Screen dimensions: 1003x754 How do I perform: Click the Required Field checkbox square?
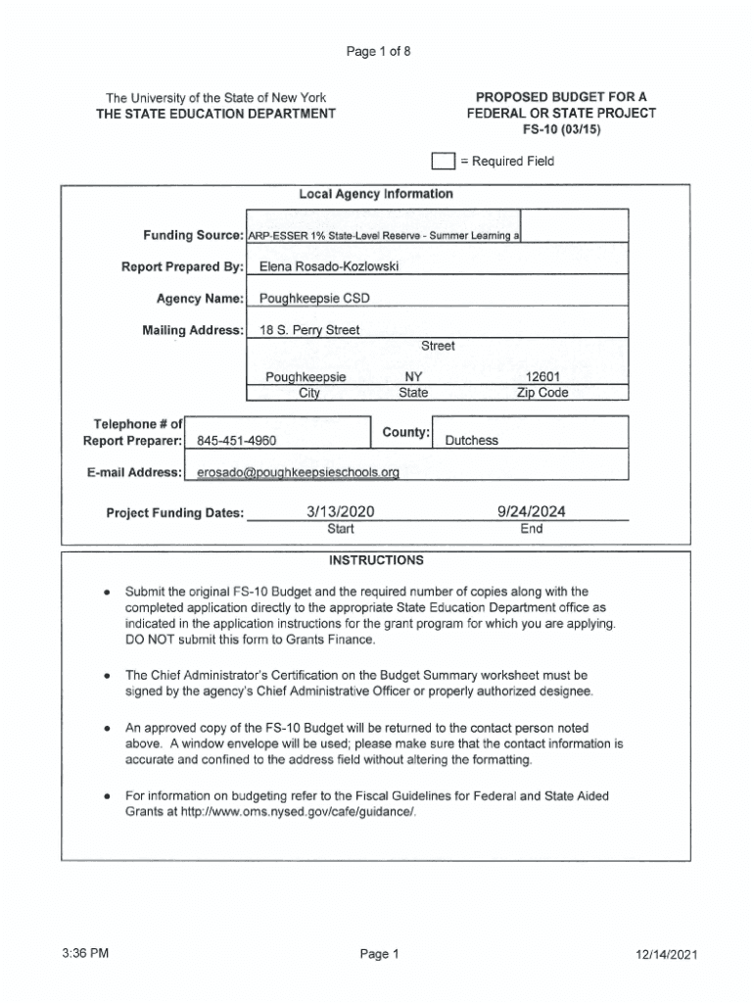(443, 162)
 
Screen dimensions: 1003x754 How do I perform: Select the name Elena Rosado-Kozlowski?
(328, 265)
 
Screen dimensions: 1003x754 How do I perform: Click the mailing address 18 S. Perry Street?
(308, 330)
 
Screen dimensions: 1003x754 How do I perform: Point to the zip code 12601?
(542, 377)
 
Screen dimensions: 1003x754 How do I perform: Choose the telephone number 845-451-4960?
(236, 441)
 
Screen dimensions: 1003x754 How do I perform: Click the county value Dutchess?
(471, 441)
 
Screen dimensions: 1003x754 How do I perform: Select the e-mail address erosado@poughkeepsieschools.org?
(299, 472)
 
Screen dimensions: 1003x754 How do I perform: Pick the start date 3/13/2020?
(341, 511)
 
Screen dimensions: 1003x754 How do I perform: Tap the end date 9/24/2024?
(532, 511)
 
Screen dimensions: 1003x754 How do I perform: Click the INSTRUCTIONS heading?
(376, 561)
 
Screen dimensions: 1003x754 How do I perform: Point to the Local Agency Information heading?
(376, 194)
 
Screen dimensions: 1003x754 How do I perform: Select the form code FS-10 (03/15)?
(561, 128)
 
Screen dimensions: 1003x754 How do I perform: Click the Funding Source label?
(193, 236)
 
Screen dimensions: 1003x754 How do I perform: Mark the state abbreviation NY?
(413, 377)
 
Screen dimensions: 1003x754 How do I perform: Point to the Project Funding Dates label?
(174, 513)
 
